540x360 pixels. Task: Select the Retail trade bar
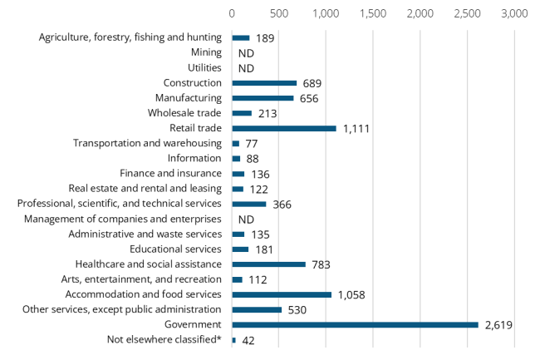(284, 128)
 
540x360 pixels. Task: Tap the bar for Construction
(264, 83)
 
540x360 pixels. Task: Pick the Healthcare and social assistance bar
(268, 264)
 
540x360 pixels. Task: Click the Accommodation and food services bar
(282, 294)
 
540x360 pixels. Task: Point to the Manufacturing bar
(263, 98)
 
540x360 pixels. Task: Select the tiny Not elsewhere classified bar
(234, 339)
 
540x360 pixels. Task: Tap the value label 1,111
(356, 129)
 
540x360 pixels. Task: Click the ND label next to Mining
(245, 53)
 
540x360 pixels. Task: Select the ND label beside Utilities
(245, 68)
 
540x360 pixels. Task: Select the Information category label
(194, 158)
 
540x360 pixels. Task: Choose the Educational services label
(175, 249)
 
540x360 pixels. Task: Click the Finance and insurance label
(170, 173)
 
